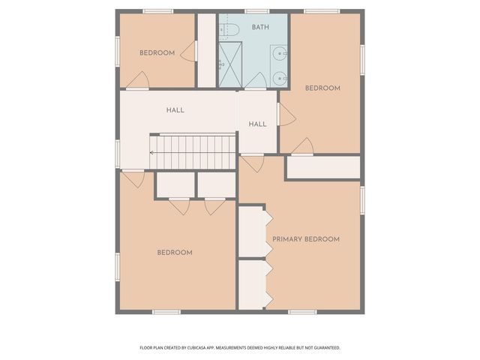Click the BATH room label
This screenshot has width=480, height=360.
coord(260,27)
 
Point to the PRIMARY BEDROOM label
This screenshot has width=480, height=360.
coord(305,239)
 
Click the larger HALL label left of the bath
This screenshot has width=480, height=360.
coord(175,110)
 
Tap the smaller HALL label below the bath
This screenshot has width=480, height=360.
coord(257,124)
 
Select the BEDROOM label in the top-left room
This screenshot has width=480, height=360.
coord(157,52)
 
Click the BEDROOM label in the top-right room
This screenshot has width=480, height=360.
coord(322,88)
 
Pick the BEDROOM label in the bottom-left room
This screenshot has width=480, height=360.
coord(174,253)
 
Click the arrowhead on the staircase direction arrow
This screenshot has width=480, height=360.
coord(151,152)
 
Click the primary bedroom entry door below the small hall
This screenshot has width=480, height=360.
coord(252,163)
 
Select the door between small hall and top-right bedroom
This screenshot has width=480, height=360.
coord(285,114)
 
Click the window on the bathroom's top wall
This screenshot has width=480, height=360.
coord(256,11)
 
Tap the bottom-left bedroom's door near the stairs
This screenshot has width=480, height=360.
coord(133,178)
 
